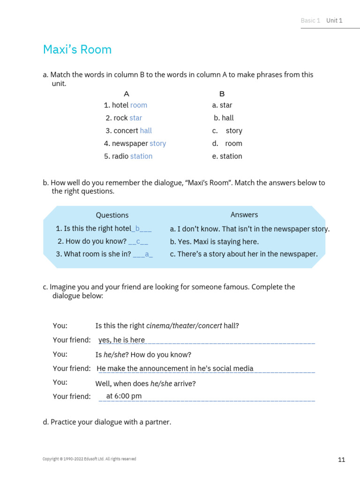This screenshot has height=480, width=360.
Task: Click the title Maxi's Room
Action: pyautogui.click(x=77, y=49)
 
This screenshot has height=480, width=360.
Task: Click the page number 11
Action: pyautogui.click(x=341, y=459)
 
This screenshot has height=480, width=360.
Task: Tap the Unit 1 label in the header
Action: pyautogui.click(x=334, y=20)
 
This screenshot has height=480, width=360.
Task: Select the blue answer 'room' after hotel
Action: pyautogui.click(x=139, y=105)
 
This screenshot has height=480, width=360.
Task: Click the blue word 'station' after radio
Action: pyautogui.click(x=141, y=156)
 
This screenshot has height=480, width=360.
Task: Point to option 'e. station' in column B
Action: pyautogui.click(x=227, y=156)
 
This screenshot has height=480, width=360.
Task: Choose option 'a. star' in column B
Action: pyautogui.click(x=222, y=105)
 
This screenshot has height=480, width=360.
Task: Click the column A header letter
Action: pyautogui.click(x=127, y=94)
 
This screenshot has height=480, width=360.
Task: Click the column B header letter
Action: pyautogui.click(x=222, y=94)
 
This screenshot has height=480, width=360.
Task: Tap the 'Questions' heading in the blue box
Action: pyautogui.click(x=112, y=215)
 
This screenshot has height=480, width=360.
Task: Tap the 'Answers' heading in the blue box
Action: pyautogui.click(x=244, y=214)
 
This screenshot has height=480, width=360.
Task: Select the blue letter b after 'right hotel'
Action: pyautogui.click(x=138, y=229)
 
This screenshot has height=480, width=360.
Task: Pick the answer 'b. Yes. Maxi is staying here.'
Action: pyautogui.click(x=214, y=241)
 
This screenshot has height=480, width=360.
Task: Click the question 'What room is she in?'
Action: pyautogui.click(x=93, y=254)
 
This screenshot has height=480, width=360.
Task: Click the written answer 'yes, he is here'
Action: pyautogui.click(x=121, y=340)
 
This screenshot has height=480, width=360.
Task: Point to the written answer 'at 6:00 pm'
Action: pyautogui.click(x=124, y=396)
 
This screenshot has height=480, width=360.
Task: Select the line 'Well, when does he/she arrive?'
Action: pyautogui.click(x=145, y=383)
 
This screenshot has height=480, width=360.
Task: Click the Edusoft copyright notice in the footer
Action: pyautogui.click(x=89, y=459)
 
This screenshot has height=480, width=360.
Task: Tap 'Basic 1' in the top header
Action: pyautogui.click(x=310, y=20)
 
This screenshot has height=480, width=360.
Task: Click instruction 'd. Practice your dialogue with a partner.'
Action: pyautogui.click(x=107, y=422)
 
